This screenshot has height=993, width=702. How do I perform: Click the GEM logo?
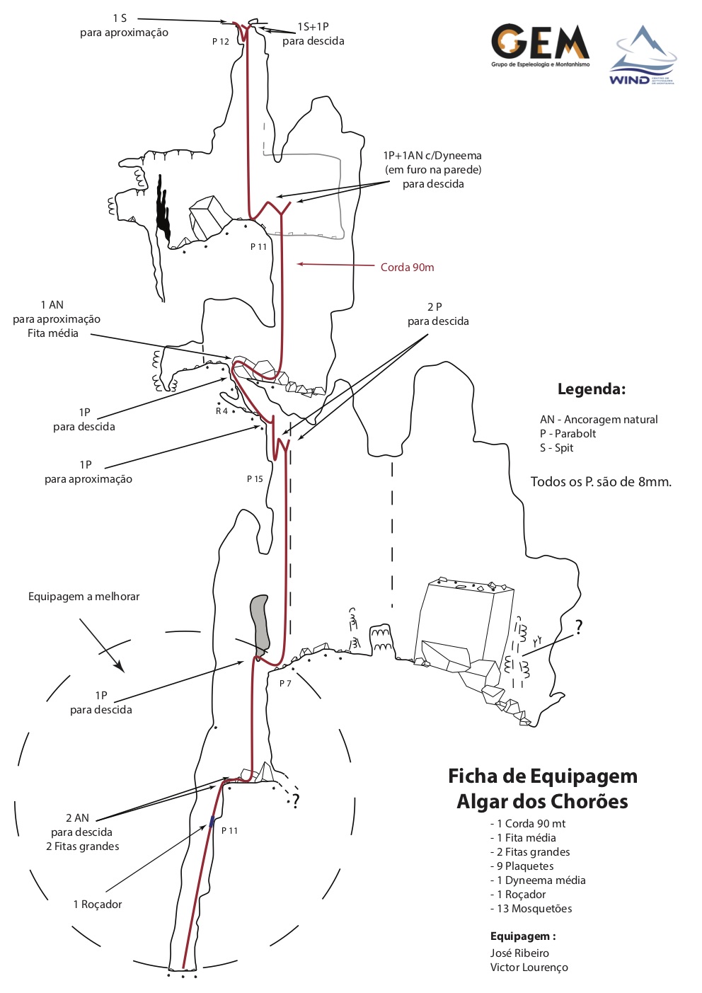(540, 45)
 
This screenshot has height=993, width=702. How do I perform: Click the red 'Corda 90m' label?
(407, 267)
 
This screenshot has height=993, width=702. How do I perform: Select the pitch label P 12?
(221, 42)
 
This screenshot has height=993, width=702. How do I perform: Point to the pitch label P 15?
(255, 479)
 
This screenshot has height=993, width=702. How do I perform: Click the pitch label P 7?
(285, 684)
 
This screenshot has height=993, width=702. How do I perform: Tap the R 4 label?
(222, 411)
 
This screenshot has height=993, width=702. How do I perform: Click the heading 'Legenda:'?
(591, 389)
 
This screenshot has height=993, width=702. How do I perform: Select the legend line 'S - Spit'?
(556, 448)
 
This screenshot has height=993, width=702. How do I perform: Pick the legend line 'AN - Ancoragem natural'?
(598, 420)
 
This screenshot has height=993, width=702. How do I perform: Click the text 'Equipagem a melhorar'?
(84, 597)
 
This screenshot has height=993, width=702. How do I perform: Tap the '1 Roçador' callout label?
(98, 905)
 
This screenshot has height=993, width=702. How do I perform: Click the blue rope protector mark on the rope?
(212, 822)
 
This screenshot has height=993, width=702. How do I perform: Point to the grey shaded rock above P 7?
(260, 623)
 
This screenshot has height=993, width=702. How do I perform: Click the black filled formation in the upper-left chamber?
(163, 209)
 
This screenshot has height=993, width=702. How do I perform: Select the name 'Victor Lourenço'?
(529, 968)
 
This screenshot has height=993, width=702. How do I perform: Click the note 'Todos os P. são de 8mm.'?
(601, 482)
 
